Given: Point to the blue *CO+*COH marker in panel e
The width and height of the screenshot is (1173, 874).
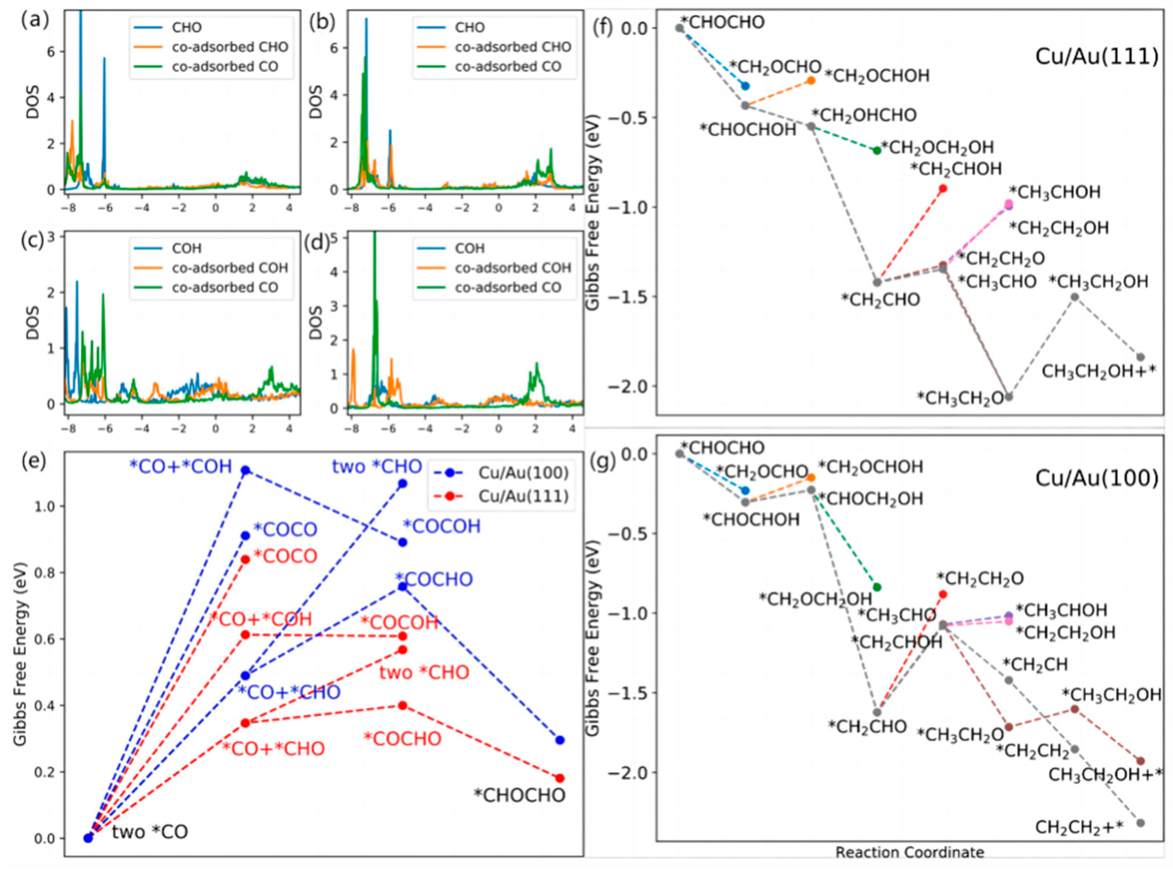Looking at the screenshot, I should pos(245,470).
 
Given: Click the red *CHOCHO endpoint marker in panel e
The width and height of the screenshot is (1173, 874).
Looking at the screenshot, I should pos(560,778).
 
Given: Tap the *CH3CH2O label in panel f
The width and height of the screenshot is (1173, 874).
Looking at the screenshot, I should pos(960,398).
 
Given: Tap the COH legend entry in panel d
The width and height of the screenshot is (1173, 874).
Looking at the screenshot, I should pos(469,248).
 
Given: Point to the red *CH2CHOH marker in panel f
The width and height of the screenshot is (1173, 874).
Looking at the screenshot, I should pos(943,189).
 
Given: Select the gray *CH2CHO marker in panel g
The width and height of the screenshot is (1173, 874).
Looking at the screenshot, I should pos(877,712).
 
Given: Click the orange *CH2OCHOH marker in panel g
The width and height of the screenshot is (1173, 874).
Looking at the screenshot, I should pos(811,477).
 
